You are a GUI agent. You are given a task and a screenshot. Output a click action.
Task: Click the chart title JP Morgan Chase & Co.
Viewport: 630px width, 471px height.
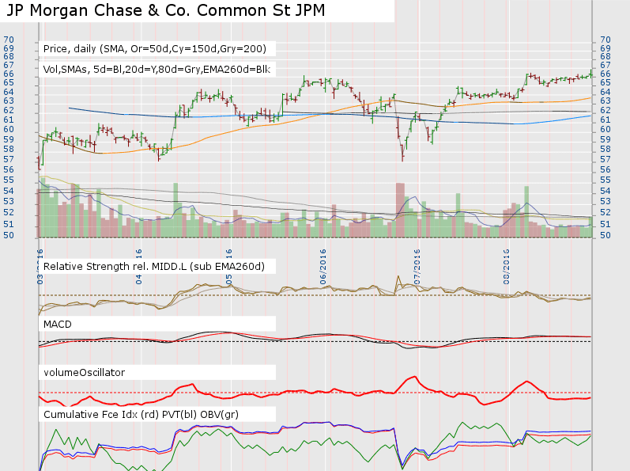click(x=142, y=11)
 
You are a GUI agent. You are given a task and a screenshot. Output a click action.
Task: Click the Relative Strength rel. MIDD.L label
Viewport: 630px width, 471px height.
click(x=154, y=265)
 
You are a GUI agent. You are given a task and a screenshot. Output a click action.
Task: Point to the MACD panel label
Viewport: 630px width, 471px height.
click(x=58, y=324)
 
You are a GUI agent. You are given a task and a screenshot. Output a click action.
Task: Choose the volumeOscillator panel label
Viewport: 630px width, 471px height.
click(x=84, y=371)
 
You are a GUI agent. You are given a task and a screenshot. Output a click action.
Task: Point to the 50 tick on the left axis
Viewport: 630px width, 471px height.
click(x=8, y=235)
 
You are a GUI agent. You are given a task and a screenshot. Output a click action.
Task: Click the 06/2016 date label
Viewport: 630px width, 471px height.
click(x=323, y=268)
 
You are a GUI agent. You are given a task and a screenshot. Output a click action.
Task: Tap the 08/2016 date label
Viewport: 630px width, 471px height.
click(x=506, y=268)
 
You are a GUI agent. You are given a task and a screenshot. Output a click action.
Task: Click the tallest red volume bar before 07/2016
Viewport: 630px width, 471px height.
click(x=400, y=210)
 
